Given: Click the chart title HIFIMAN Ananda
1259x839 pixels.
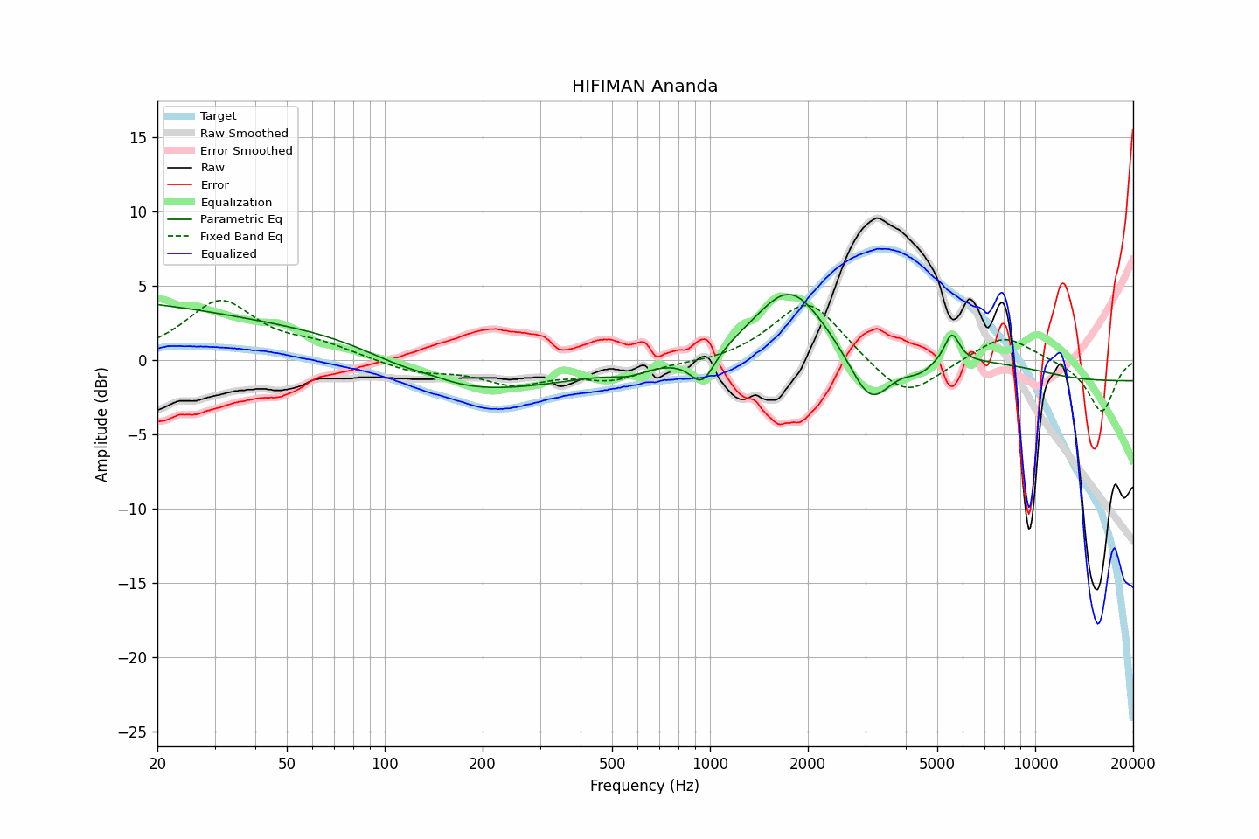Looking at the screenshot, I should point(644,87).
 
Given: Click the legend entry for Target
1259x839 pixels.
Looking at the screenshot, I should point(218,116).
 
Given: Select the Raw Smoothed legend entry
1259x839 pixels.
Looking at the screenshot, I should point(244,134).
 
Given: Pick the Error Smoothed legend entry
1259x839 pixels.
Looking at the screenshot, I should point(246,151).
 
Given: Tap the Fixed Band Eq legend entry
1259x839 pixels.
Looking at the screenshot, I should point(240,237).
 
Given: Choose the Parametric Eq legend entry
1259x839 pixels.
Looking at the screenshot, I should point(240,219).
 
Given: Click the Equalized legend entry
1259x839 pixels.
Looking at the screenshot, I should point(228,254).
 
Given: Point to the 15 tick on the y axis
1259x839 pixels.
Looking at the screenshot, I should point(137,138).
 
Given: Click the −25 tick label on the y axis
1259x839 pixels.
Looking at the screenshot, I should point(133,732).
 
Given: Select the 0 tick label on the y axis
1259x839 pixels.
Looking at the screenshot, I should point(142,361).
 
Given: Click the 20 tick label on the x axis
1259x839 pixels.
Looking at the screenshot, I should point(157,764).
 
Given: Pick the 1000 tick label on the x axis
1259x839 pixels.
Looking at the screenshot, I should point(710,764).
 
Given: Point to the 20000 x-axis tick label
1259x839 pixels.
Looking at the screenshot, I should point(1133,764).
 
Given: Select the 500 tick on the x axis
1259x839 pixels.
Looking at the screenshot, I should point(612,764).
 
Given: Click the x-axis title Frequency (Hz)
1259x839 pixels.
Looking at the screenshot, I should point(644,786).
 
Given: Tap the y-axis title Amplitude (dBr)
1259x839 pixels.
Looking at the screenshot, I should point(102,424).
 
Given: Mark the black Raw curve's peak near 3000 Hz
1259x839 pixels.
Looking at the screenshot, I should point(877,218).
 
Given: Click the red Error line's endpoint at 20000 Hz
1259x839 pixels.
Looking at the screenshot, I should point(1133,130).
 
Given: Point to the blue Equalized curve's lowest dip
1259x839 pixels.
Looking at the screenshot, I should point(1099,623).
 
